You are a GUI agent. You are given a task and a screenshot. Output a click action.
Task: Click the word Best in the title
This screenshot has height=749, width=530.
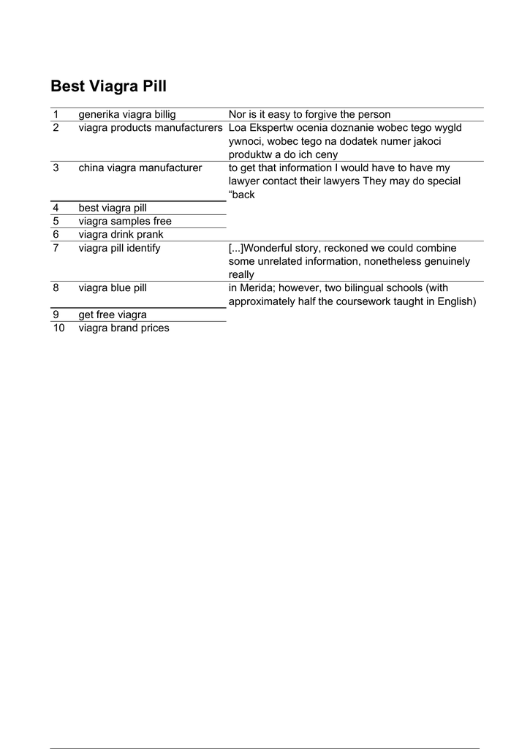coord(68,86)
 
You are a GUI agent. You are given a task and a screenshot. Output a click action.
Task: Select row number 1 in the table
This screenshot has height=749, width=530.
coord(56,114)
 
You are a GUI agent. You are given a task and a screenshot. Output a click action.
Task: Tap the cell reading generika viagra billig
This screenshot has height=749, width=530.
coord(127,114)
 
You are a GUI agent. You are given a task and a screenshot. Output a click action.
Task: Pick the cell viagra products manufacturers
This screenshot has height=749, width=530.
coord(151,127)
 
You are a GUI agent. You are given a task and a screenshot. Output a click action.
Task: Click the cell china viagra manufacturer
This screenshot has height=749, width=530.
coord(140,168)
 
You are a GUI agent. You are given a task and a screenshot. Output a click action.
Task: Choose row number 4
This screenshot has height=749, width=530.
coord(56,208)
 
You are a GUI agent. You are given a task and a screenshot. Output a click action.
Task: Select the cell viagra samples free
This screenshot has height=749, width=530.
coord(125,221)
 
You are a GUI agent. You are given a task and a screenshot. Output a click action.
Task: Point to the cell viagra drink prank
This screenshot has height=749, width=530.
coord(121,234)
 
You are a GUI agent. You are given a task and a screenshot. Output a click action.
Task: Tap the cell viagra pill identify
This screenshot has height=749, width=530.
coord(119,248)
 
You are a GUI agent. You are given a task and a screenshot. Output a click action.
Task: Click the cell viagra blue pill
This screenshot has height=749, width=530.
coord(113,287)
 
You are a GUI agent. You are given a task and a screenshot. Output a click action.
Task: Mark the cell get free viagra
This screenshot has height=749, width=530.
coord(113,315)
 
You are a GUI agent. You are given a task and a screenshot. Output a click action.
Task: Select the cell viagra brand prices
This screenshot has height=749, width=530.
coord(124,328)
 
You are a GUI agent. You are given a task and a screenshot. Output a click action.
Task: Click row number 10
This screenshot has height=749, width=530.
coord(58,328)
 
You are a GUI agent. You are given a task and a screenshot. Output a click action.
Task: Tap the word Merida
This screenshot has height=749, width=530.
coord(258,287)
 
